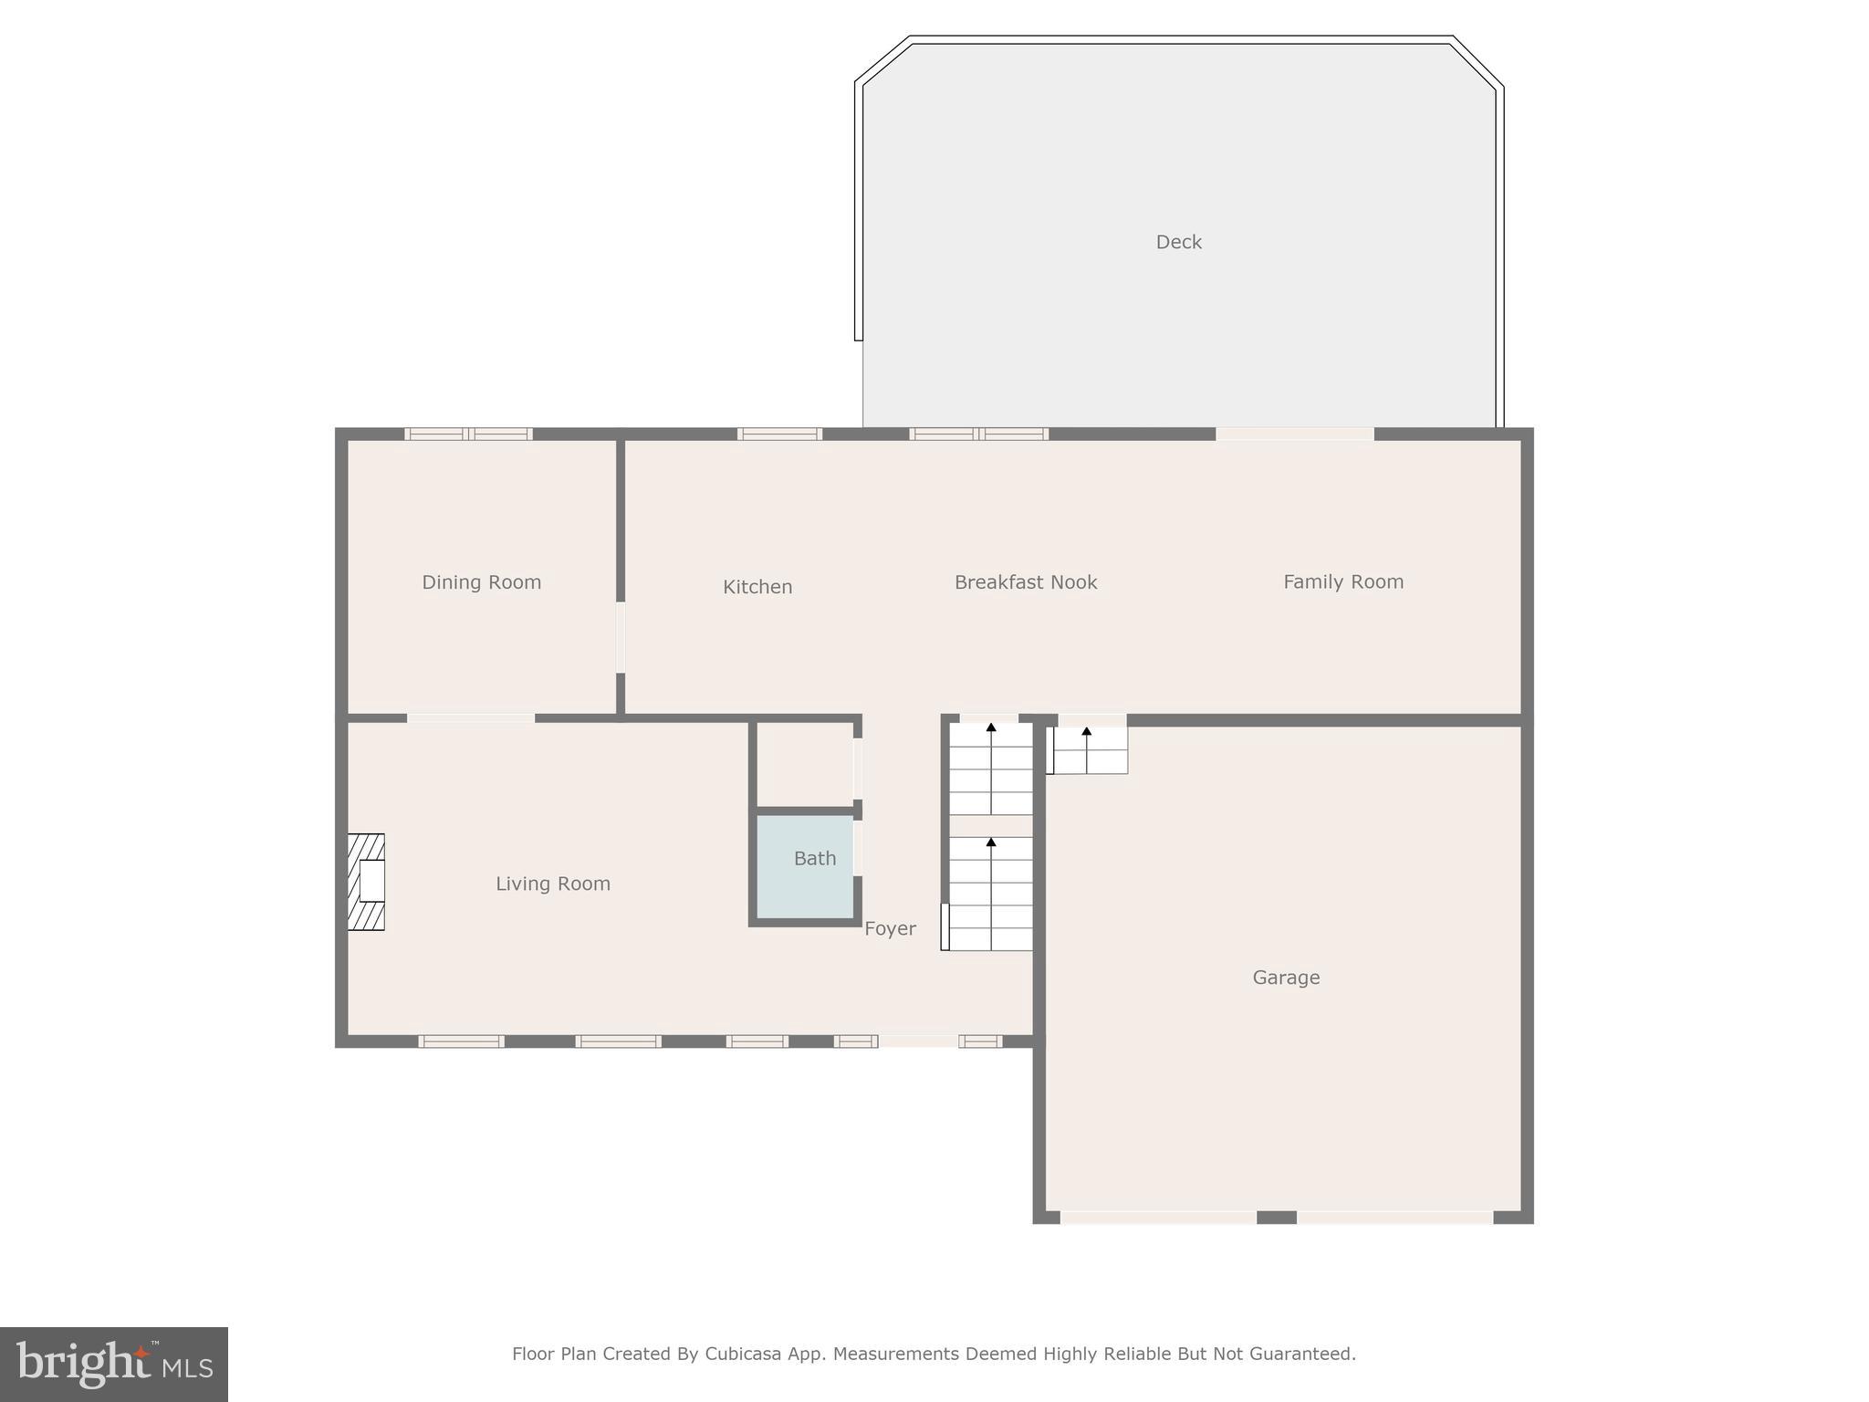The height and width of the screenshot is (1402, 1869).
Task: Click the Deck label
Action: coord(1178,242)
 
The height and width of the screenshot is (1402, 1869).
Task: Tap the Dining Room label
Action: coord(481,582)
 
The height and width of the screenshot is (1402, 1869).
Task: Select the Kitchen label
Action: coord(757,587)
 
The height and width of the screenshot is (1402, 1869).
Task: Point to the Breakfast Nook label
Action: coord(1025,582)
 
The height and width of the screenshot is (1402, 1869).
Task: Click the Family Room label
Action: coord(1342,581)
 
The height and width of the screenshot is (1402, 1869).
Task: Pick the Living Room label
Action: coord(552,884)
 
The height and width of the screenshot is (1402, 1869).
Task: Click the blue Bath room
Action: coord(805,867)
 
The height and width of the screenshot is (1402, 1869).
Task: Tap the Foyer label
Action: coord(889,928)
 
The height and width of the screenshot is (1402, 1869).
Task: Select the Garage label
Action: coord(1285,978)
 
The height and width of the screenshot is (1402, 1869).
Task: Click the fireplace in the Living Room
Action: coord(366,882)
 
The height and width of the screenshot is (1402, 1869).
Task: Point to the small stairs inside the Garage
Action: coord(1090,750)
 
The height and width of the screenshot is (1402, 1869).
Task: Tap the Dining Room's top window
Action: coord(468,434)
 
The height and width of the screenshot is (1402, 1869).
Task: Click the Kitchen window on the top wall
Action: coord(779,434)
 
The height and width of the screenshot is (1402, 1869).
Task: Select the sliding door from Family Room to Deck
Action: coord(1294,434)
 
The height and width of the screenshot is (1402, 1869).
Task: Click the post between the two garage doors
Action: coord(1276,1217)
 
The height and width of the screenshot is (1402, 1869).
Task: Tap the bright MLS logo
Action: coord(114,1364)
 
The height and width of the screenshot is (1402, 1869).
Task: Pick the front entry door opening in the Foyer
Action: coord(918,1041)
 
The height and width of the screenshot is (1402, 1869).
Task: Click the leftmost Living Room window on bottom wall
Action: coord(461,1041)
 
